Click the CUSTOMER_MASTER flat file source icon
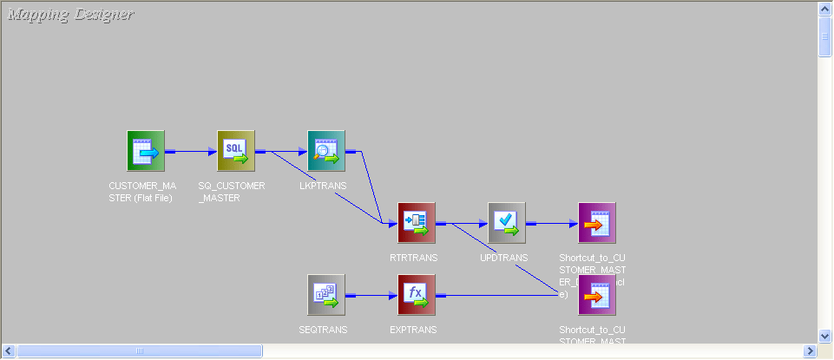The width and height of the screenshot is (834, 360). coord(146,151)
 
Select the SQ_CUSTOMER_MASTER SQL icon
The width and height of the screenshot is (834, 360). coord(236,151)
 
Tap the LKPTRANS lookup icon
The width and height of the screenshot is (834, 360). coord(326,151)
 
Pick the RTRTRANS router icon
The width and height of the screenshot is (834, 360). coord(417,223)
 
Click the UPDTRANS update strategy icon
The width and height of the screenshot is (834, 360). coord(507,223)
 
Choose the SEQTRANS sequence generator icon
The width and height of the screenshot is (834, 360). coord(326,295)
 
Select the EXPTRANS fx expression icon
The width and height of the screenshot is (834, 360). coord(417,295)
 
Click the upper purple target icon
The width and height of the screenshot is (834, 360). coord(597,223)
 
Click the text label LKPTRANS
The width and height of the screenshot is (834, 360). coord(323,186)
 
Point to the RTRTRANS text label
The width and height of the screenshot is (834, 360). coord(414,258)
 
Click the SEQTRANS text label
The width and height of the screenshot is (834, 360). coord(323,330)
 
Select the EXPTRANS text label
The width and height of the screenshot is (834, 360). coord(414,330)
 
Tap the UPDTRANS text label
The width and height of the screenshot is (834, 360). coord(503,258)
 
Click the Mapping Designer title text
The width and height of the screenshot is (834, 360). coord(70,14)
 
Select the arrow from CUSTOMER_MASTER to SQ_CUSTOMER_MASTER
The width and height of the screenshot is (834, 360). coord(191,151)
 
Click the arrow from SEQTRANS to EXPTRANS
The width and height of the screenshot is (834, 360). coord(371,295)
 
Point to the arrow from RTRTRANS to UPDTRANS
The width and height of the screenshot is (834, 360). coord(462,224)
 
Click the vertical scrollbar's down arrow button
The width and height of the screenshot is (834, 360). coord(825,335)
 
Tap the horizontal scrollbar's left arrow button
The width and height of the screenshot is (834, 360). coord(9,350)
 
